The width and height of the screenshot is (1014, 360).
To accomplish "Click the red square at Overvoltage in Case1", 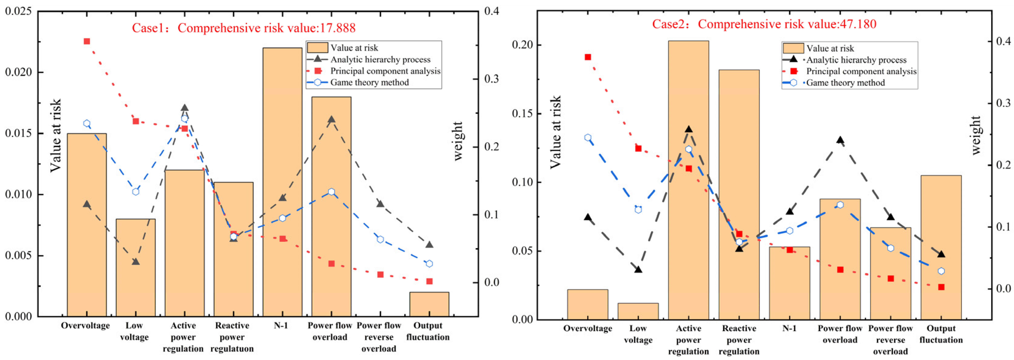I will (87, 41).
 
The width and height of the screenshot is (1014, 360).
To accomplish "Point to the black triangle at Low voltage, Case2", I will (638, 270).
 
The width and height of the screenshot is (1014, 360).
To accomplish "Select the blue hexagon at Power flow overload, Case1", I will (331, 192).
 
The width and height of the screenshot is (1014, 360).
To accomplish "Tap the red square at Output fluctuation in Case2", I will (941, 287).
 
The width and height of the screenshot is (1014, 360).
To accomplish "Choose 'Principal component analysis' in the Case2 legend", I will (861, 71).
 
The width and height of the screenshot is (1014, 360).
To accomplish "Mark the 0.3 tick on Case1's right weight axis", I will (491, 79).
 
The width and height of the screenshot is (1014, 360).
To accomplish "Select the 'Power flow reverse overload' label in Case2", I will (890, 339).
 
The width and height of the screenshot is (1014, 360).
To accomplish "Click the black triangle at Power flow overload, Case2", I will (840, 140).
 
